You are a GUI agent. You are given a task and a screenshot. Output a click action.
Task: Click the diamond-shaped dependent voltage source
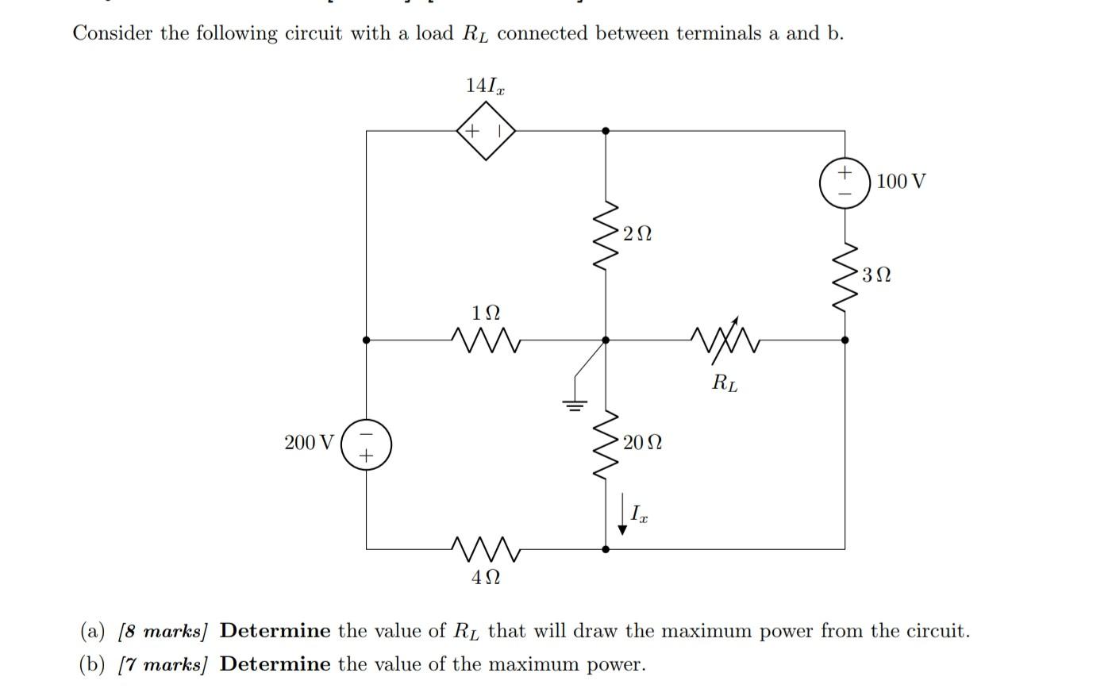point(486,131)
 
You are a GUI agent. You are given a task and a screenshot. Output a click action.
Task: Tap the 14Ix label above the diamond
point(484,86)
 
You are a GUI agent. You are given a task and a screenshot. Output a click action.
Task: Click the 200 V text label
point(309,443)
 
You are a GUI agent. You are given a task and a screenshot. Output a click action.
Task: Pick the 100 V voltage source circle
point(845,183)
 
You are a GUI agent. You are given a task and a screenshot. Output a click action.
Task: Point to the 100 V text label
point(901,182)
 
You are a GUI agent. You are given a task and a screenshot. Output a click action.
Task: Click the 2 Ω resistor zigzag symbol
point(606,236)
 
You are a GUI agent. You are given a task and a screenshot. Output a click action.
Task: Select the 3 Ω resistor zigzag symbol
point(845,276)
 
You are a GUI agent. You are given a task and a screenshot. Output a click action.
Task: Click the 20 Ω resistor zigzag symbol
point(606,444)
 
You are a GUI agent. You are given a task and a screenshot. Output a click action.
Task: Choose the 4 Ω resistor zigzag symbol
point(485,547)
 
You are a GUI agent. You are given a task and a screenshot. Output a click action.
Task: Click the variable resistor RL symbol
point(725,339)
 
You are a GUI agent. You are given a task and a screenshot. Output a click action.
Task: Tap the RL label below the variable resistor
point(724,383)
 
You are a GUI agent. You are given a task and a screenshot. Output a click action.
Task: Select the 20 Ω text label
point(642,443)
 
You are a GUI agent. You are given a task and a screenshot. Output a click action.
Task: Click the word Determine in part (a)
point(275,632)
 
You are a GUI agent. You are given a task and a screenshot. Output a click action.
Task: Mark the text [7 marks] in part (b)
point(162,665)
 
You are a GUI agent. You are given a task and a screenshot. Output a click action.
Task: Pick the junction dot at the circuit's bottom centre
point(606,548)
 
